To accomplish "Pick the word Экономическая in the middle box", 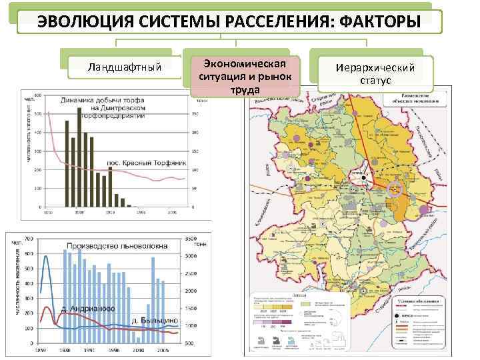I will pyautogui.click(x=244, y=63).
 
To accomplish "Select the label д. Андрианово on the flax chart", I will pyautogui.click(x=87, y=309).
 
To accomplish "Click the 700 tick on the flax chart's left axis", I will pyautogui.click(x=29, y=238).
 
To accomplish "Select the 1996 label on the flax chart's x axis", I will pyautogui.click(x=114, y=349).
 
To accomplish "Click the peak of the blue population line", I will pyautogui.click(x=46, y=256).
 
